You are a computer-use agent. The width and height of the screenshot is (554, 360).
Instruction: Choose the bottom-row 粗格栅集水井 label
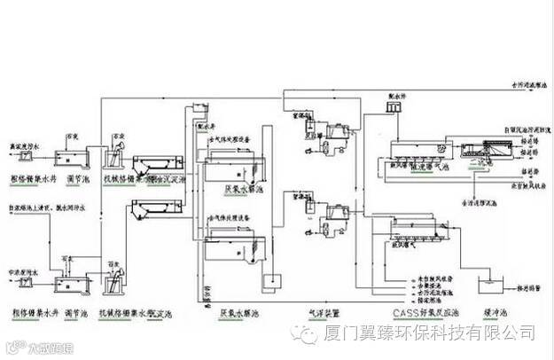pyautogui.click(x=33, y=312)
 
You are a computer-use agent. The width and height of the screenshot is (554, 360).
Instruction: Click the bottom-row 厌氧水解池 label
pyautogui.click(x=238, y=313)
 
